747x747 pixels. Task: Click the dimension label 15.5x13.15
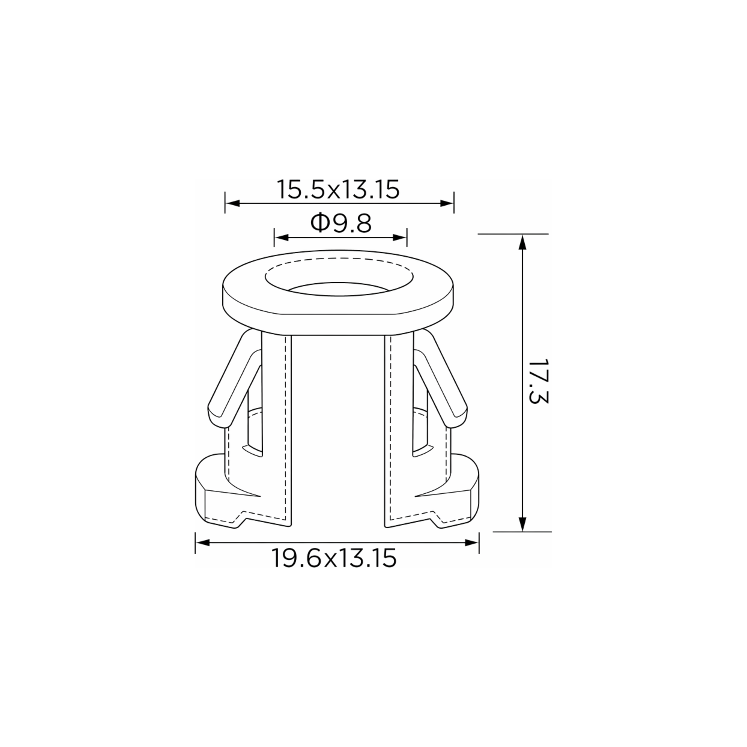click(338, 189)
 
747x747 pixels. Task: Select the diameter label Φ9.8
click(341, 223)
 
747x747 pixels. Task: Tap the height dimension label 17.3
click(538, 382)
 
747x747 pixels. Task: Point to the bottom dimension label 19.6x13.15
click(334, 558)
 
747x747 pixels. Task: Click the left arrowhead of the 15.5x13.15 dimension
click(233, 203)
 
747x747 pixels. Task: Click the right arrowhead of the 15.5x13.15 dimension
click(446, 203)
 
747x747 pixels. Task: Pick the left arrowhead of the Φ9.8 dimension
click(282, 238)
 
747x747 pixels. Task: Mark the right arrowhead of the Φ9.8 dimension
click(399, 238)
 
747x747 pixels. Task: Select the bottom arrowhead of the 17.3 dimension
click(522, 523)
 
